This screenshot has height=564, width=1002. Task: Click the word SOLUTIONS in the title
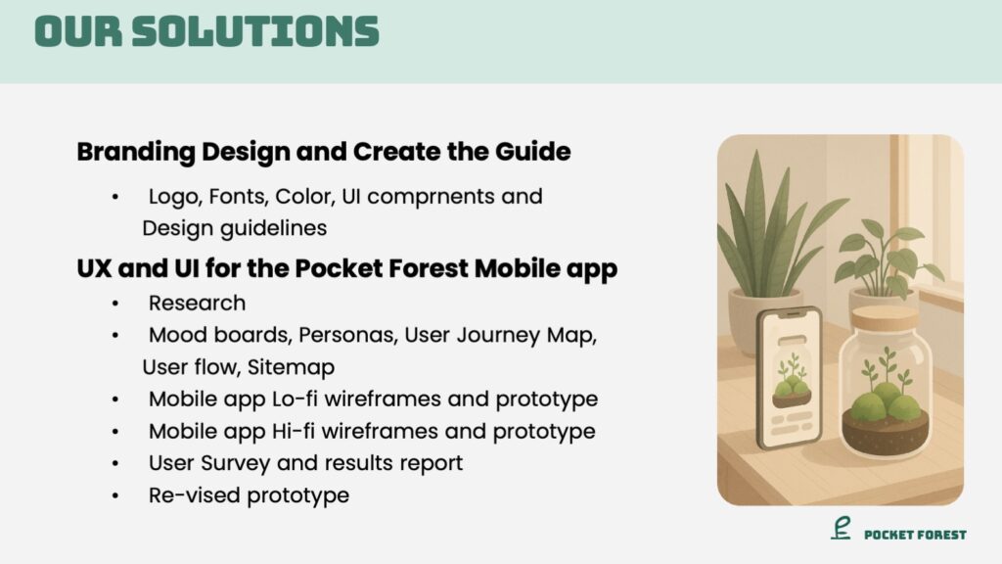pyautogui.click(x=255, y=31)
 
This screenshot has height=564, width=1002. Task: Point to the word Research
pyautogui.click(x=197, y=304)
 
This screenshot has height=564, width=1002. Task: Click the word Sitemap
pyautogui.click(x=291, y=368)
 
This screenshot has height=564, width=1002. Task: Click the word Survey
pyautogui.click(x=235, y=463)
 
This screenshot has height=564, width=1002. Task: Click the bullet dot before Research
pyautogui.click(x=115, y=304)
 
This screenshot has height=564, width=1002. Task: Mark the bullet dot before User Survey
pyautogui.click(x=115, y=463)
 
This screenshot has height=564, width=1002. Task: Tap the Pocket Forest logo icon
pyautogui.click(x=841, y=528)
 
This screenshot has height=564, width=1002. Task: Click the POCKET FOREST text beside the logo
pyautogui.click(x=915, y=535)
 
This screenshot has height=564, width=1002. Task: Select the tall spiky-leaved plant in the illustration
pyautogui.click(x=767, y=230)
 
